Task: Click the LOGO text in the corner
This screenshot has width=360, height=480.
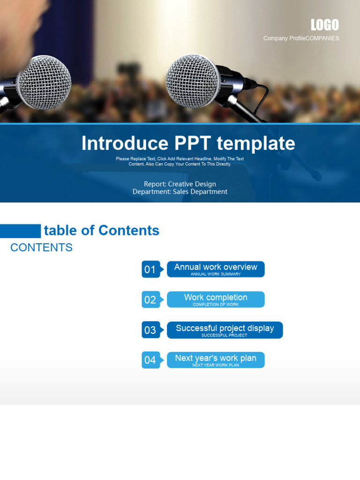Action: pyautogui.click(x=324, y=25)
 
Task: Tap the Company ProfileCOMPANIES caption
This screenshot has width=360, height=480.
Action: pyautogui.click(x=301, y=38)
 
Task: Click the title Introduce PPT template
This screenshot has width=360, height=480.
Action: pyautogui.click(x=188, y=143)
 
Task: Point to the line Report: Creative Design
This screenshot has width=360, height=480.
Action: pyautogui.click(x=180, y=184)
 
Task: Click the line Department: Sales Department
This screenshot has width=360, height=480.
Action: pyautogui.click(x=180, y=192)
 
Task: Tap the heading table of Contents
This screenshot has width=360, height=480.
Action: pyautogui.click(x=101, y=231)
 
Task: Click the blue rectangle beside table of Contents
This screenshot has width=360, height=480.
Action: pyautogui.click(x=20, y=231)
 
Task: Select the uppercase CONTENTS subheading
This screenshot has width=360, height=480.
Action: pyautogui.click(x=41, y=247)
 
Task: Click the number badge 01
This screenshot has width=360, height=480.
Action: pyautogui.click(x=150, y=270)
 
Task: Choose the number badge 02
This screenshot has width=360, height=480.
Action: pyautogui.click(x=150, y=300)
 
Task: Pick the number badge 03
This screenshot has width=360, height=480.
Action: pyautogui.click(x=150, y=330)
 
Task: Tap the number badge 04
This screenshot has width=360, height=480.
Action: pyautogui.click(x=150, y=360)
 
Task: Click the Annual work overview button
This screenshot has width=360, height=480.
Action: pyautogui.click(x=216, y=269)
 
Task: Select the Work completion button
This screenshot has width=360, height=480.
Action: pyautogui.click(x=216, y=300)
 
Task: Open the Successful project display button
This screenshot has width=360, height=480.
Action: pyautogui.click(x=225, y=330)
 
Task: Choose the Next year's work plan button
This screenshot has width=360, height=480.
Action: pyautogui.click(x=216, y=360)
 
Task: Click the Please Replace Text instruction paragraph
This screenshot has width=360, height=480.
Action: pyautogui.click(x=180, y=162)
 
